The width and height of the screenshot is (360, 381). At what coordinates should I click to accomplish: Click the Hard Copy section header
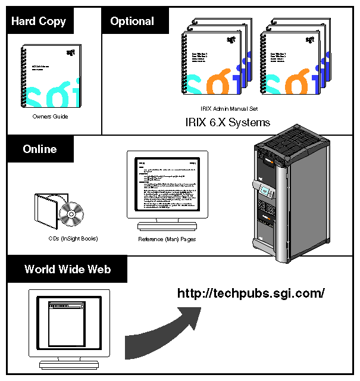pos(39,21)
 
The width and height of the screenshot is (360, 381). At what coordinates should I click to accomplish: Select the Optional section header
pos(132,21)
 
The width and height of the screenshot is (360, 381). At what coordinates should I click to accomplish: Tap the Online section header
pos(40,149)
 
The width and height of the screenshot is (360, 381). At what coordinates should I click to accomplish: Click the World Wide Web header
pos(67,269)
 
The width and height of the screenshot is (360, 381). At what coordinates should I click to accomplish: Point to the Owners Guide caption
pos(50,117)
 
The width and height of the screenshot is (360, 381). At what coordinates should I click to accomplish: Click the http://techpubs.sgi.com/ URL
pos(251,293)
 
